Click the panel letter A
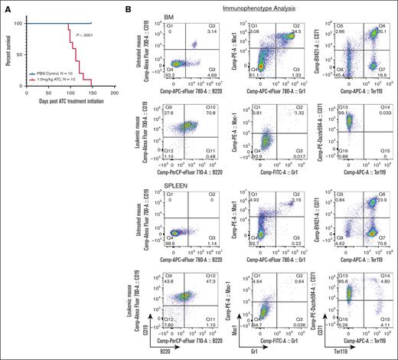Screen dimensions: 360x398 click(x=5, y=6)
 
